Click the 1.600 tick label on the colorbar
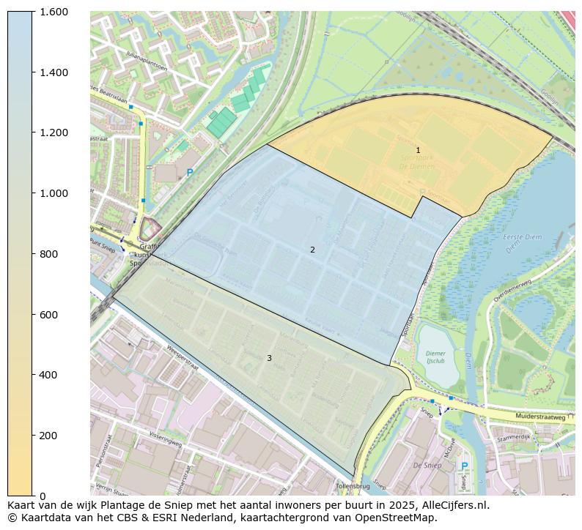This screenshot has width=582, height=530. click(x=54, y=12)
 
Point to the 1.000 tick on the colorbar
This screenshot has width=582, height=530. click(x=54, y=193)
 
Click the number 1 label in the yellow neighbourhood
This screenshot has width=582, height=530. click(x=418, y=150)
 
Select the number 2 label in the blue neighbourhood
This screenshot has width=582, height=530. click(x=312, y=250)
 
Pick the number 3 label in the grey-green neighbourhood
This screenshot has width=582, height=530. click(x=269, y=358)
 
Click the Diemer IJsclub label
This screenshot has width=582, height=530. click(x=435, y=357)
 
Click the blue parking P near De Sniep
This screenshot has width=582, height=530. click(x=463, y=466)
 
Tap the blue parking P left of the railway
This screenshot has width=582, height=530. click(x=190, y=173)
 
